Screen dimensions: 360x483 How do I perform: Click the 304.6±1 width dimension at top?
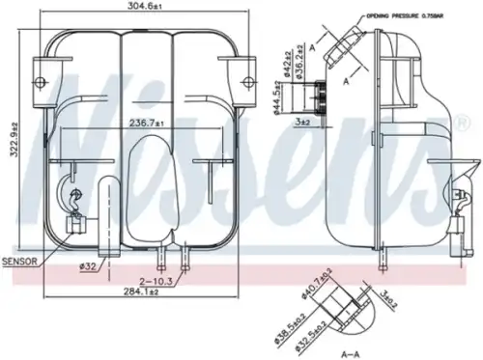(147, 9)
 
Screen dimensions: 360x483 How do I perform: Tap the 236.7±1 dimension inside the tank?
(148, 122)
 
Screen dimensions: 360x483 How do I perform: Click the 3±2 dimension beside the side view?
(302, 122)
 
